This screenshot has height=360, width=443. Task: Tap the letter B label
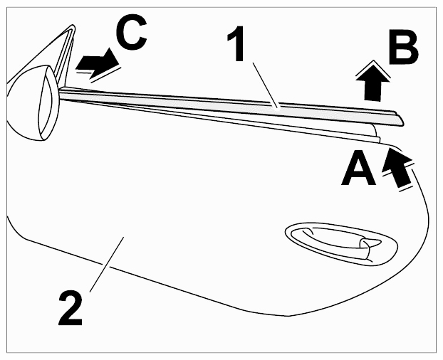tap(403, 47)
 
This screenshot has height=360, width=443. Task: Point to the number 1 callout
tap(236, 43)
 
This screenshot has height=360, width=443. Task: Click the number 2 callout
tap(71, 309)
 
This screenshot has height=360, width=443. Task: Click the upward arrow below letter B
tap(373, 84)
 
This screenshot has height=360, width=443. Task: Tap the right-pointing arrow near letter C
tap(98, 63)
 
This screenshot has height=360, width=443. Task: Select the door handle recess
tap(341, 244)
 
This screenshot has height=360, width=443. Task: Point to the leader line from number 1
tap(266, 85)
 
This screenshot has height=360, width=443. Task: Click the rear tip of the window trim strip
tap(402, 121)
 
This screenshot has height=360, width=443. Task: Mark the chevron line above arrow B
tap(373, 68)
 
